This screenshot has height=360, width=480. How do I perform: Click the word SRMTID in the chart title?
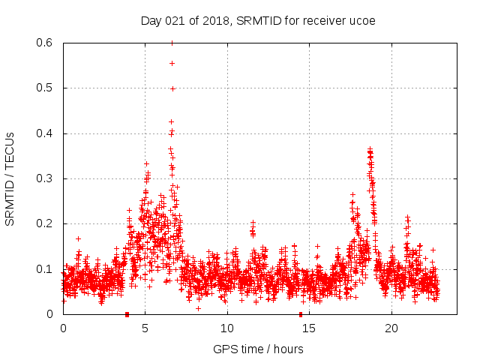point(258,21)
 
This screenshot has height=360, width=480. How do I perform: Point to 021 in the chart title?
point(175,21)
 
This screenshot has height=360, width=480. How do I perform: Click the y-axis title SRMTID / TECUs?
point(10,178)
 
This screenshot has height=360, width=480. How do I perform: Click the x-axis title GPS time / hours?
point(258,349)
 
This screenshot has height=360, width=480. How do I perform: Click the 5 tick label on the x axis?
point(145,328)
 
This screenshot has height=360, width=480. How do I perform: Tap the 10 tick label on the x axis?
point(227,328)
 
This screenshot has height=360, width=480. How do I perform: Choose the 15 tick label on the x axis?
point(310,328)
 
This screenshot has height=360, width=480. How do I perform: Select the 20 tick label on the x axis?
point(391,328)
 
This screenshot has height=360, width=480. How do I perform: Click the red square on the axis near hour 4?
point(127,314)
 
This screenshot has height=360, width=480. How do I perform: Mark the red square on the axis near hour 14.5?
point(301,314)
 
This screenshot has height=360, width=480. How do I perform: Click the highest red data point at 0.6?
point(172,43)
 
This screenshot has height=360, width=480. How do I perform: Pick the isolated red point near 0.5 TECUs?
point(172,88)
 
